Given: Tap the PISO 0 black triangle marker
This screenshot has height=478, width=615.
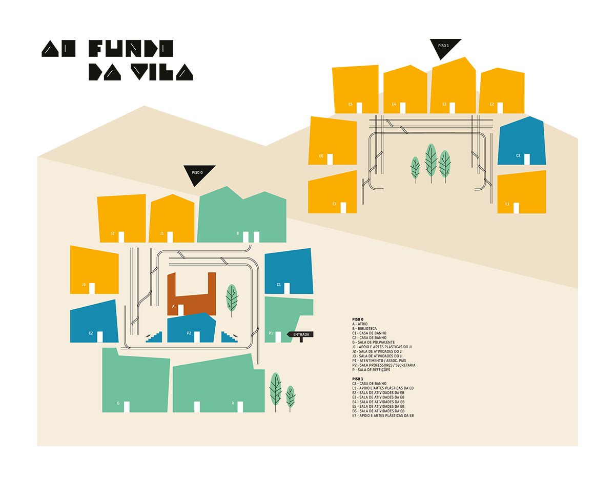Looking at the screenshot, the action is pos(198,174).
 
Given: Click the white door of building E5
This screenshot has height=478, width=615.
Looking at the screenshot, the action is pos(359,108).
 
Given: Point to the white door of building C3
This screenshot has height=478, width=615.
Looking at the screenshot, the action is pos(527,159).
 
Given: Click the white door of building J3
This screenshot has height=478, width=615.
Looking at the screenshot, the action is pos(92,288).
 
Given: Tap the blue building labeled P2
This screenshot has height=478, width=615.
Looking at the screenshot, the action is pos(191,328).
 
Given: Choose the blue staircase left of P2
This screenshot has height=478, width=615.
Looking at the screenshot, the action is pos(154,337).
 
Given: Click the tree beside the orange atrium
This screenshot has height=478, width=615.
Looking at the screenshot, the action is pos(232,300).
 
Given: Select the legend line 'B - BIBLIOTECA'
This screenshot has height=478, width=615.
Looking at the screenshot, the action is pos(364,328).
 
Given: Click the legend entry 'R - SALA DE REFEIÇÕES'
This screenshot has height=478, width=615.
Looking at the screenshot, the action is pos(371,370).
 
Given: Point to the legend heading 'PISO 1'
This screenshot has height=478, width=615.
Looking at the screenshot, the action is pos(357,379).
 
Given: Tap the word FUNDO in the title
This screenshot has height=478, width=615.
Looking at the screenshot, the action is pos(131,48).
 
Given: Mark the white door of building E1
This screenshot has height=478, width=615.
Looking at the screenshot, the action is pos(516,208).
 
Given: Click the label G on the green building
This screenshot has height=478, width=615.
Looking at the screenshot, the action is pos(118,403).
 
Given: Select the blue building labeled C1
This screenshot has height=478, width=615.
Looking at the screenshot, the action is pos(289,271).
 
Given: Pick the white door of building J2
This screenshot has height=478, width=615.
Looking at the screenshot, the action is pos(121,237).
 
